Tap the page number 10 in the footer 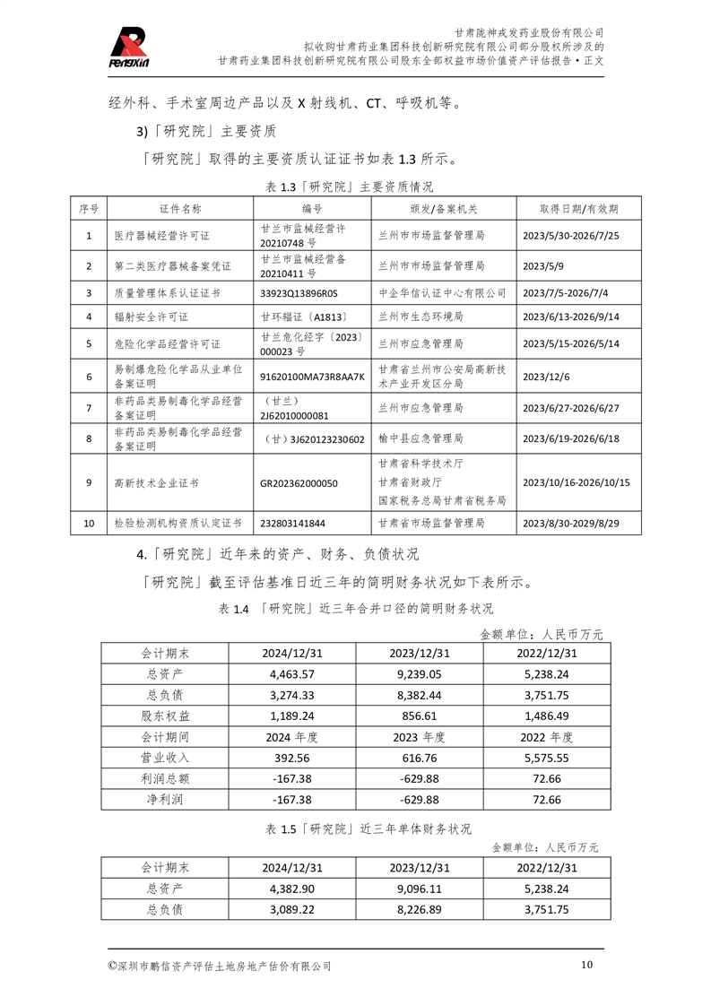[586, 965]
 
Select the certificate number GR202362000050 [299, 483]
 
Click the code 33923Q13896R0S [299, 293]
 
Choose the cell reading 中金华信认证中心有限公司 [443, 293]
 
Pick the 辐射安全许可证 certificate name [152, 317]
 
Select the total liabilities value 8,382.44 [420, 695]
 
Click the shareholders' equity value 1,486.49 [546, 716]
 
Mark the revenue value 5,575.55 [546, 758]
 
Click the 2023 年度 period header [420, 737]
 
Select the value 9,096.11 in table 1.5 [420, 889]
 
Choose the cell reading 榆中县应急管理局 [421, 439]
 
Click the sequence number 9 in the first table [89, 483]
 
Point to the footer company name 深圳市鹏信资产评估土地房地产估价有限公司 [220, 966]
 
